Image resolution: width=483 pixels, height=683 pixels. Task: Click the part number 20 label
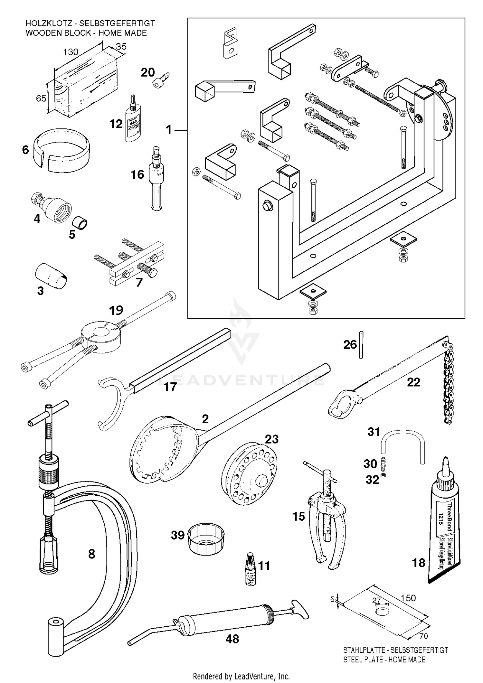(x=148, y=73)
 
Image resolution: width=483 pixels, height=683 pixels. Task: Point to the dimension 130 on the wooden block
(x=71, y=52)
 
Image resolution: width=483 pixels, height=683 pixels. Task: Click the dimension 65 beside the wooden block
(x=41, y=98)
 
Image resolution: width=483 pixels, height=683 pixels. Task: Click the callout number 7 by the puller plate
(x=139, y=282)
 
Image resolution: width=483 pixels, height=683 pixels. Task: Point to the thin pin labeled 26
(x=361, y=345)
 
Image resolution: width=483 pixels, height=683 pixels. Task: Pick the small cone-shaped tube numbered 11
(x=250, y=570)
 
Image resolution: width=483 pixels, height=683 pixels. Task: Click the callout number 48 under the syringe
(x=232, y=639)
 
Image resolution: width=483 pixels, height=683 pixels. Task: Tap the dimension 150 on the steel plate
(x=408, y=598)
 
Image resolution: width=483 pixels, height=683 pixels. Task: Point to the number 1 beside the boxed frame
(x=169, y=130)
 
